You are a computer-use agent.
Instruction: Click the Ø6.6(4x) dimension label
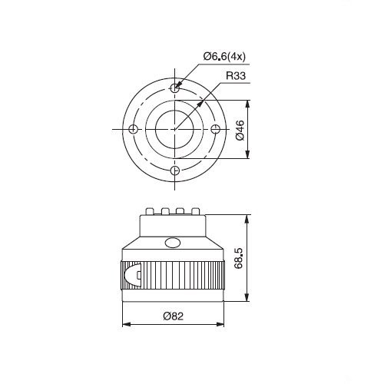[224, 56]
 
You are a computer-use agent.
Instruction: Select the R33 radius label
[236, 76]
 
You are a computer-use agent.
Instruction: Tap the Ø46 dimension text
[240, 130]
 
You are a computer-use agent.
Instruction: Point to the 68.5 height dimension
[239, 258]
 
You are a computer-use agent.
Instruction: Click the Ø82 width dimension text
[174, 316]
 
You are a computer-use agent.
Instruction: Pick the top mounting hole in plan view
[174, 88]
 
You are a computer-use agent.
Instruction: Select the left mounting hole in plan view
[133, 129]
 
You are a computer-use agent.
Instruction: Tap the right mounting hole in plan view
[216, 129]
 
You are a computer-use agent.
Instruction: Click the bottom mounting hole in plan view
[175, 170]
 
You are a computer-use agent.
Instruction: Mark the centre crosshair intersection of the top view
[174, 129]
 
